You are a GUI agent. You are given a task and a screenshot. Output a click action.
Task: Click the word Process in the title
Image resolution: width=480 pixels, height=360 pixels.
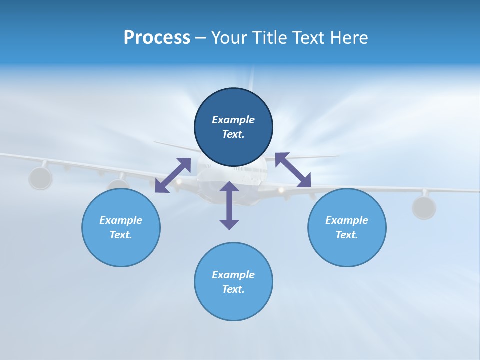(x=157, y=38)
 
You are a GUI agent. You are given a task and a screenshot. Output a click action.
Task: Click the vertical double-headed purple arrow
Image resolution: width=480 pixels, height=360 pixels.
(x=229, y=205)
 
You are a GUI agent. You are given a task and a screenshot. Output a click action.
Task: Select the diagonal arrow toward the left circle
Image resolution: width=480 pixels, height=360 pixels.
(x=173, y=175)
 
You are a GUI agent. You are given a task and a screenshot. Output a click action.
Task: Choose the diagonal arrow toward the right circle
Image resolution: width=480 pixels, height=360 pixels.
(x=293, y=170)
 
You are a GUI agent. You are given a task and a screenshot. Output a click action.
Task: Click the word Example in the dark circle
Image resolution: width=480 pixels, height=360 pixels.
(x=233, y=120)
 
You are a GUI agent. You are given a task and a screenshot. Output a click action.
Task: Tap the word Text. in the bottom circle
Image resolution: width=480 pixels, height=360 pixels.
(x=233, y=289)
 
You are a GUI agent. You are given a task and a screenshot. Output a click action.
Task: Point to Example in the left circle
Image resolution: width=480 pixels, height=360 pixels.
(x=121, y=220)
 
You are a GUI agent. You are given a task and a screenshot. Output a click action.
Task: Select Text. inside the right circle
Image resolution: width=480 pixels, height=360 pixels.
(x=347, y=235)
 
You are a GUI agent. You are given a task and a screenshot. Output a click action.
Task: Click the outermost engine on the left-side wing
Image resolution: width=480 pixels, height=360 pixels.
(x=40, y=178)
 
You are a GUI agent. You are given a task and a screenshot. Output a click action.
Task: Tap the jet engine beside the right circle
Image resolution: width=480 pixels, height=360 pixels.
(x=424, y=207)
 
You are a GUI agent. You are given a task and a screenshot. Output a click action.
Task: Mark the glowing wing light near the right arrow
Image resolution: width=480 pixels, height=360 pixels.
(x=281, y=190)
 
